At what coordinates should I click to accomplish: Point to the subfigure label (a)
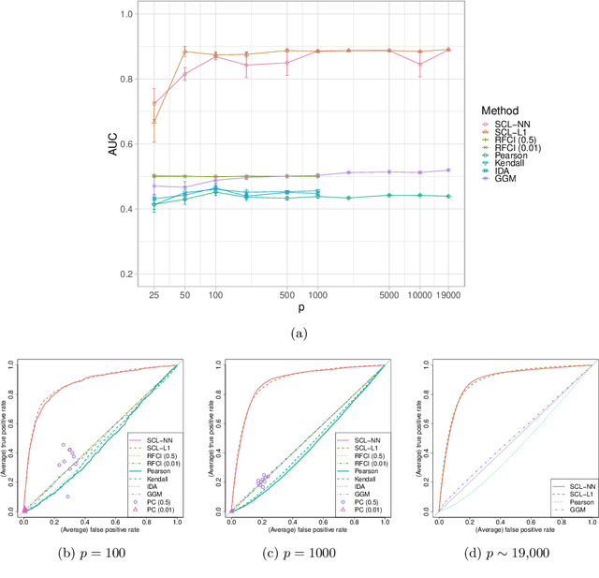[x=299, y=333]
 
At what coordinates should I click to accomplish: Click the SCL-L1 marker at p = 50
[x=184, y=52]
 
